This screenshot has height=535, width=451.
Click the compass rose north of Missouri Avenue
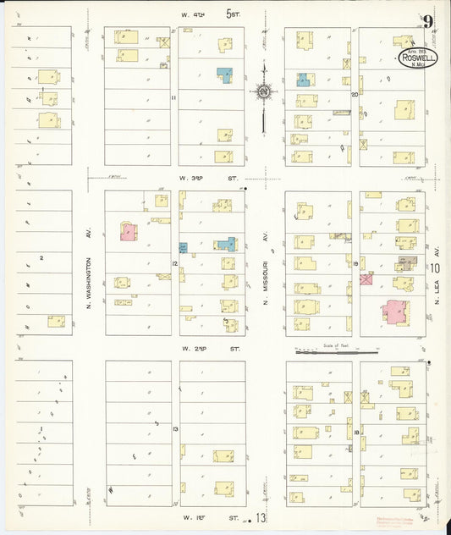264,91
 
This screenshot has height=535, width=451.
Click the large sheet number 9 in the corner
429,22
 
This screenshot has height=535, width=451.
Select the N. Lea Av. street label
437,240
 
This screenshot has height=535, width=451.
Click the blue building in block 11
224,74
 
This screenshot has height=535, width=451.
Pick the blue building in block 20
303,80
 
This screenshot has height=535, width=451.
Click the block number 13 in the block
174,430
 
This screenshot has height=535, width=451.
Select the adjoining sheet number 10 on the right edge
435,269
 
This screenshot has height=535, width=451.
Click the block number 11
173,97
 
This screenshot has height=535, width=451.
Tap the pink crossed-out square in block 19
366,279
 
